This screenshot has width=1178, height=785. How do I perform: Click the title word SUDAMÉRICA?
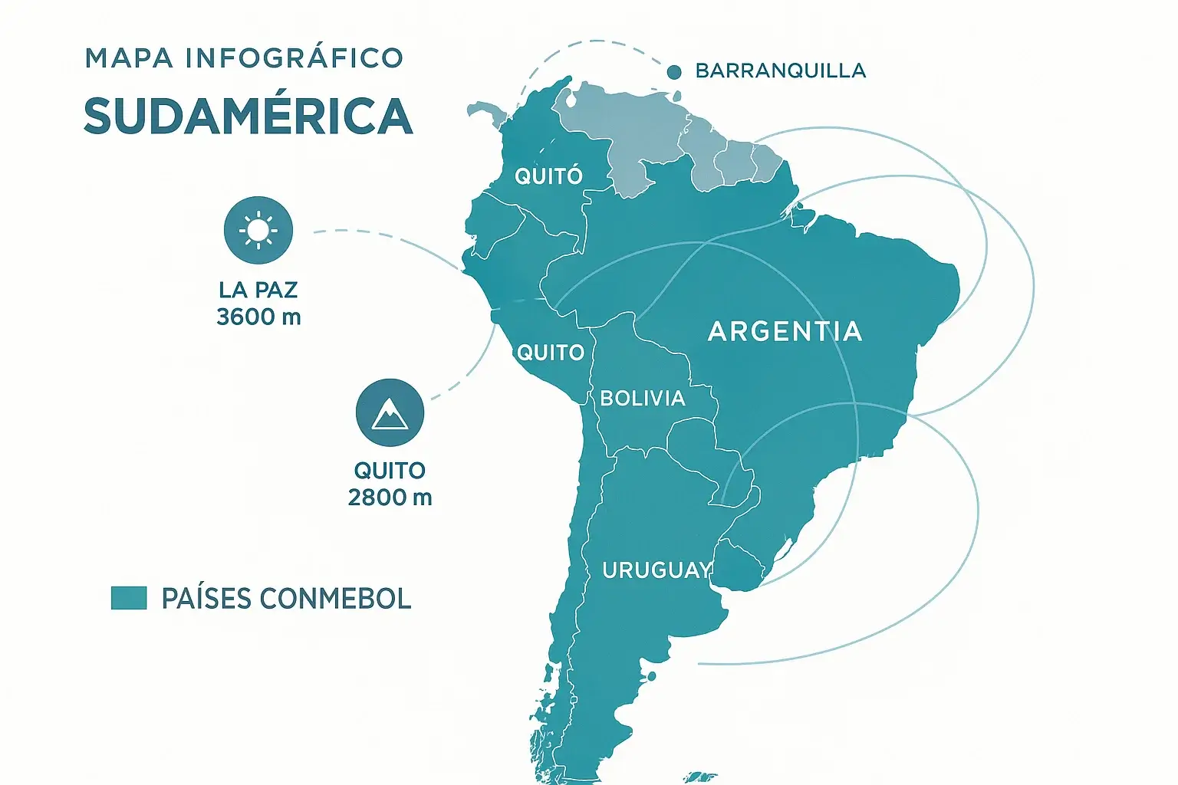[248, 117]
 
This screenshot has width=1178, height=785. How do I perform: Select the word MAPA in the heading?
[129, 58]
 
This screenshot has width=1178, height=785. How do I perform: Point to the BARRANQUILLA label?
[780, 71]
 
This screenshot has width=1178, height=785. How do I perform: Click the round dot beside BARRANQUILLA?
[675, 72]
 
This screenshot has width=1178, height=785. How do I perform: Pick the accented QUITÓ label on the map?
[548, 176]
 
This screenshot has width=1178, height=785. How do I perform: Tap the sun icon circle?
[258, 230]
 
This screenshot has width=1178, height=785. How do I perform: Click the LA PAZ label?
[258, 290]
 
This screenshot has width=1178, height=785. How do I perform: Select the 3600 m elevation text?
[258, 317]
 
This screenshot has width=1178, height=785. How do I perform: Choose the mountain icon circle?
[390, 412]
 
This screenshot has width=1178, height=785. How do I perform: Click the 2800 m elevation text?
[390, 498]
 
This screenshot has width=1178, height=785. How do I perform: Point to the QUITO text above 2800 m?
[390, 470]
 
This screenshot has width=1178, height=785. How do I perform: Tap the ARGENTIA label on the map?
[785, 331]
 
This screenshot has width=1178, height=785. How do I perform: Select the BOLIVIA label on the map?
[643, 398]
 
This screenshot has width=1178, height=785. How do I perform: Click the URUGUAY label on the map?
[656, 570]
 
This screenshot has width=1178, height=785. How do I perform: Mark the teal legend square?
[129, 598]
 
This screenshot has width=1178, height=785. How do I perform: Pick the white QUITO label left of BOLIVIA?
[551, 353]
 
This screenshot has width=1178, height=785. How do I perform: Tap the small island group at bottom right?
[699, 777]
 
